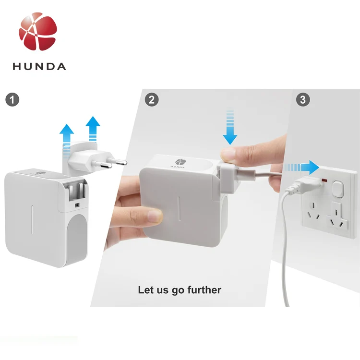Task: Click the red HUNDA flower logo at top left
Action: [38, 32]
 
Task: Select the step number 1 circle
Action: [12, 100]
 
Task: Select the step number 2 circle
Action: [152, 100]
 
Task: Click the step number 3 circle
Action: [302, 100]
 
